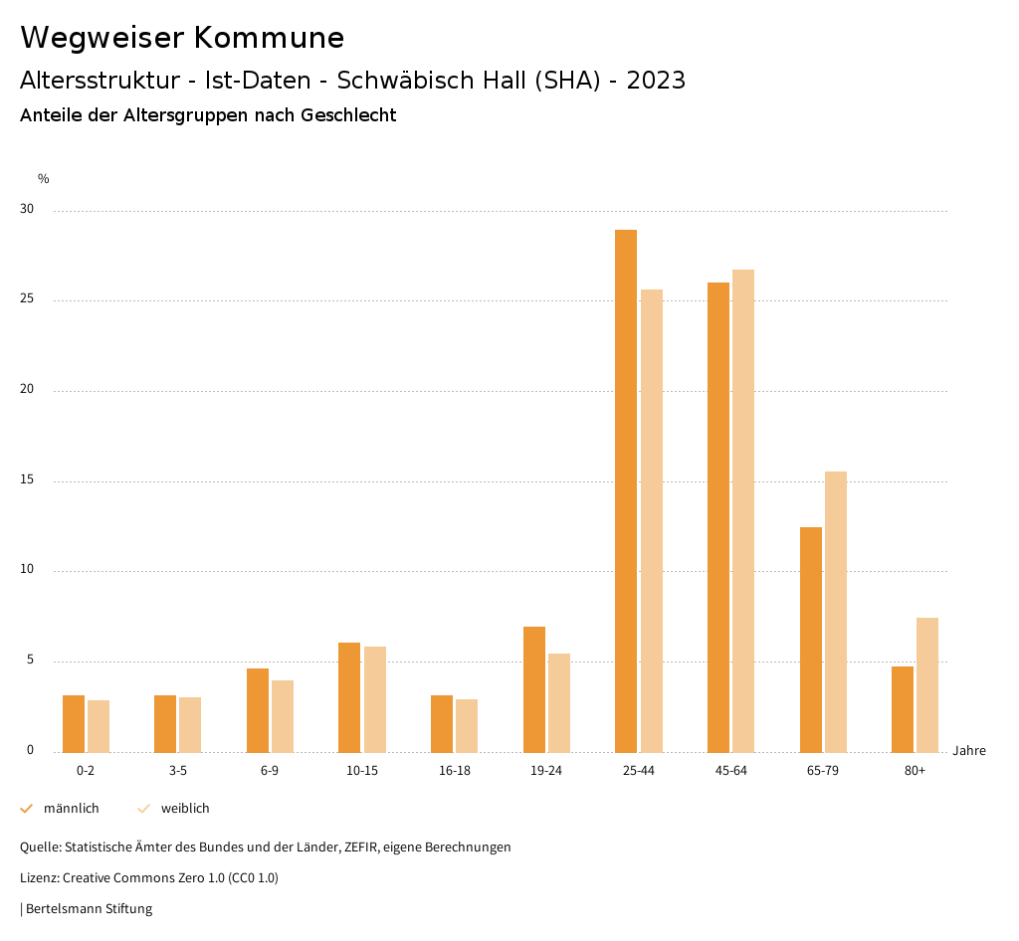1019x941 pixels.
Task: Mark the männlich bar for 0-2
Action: (74, 723)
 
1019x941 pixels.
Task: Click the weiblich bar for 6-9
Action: (283, 715)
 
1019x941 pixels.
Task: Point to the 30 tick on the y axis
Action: (26, 210)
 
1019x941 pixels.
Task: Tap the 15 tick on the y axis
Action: (26, 480)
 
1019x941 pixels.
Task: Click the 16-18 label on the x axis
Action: (454, 771)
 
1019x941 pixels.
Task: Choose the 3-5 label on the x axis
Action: (178, 771)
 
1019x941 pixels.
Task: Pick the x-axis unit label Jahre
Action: (968, 751)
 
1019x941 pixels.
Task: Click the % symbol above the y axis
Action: (44, 179)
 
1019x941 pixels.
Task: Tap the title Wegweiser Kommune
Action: (182, 38)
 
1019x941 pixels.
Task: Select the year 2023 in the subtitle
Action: (656, 81)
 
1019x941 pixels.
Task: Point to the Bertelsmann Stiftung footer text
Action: (89, 908)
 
